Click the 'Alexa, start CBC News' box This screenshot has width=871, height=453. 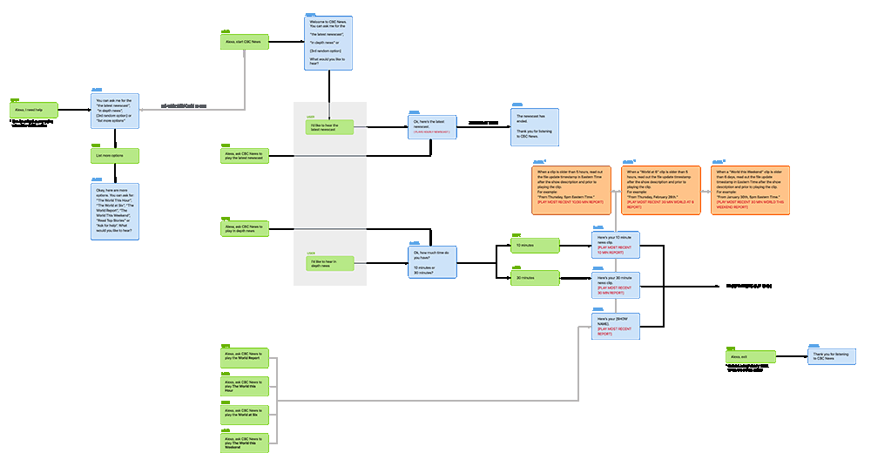pos(245,42)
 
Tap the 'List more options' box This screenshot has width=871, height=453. pos(115,156)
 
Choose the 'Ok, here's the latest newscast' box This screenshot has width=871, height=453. pos(432,128)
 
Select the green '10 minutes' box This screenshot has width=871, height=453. pos(533,246)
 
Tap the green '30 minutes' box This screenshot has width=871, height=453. pos(533,278)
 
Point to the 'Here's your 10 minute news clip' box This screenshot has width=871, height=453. pos(616,246)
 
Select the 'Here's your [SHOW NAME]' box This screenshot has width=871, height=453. pos(616,327)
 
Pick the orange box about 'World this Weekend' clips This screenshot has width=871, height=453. pos(750,190)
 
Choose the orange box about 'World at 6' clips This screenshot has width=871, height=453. pos(659,190)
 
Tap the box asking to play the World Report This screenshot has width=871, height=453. pos(245,358)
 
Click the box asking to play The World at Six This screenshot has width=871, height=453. pos(245,413)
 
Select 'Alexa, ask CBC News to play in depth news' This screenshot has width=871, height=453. pos(245,228)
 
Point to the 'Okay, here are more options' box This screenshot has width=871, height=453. pos(115,215)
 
